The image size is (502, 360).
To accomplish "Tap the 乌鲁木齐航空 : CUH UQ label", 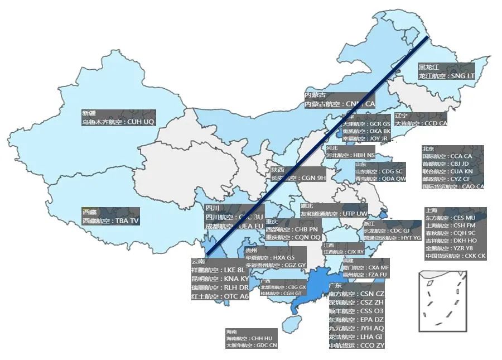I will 118,121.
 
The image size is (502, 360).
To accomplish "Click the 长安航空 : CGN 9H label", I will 298,178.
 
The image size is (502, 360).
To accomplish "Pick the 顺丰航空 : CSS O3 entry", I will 356,311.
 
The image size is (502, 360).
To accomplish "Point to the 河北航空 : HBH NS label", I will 350,155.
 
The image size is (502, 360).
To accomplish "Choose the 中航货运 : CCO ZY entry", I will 356,345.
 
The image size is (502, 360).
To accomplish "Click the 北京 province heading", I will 428,149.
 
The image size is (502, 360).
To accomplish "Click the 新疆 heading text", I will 89,113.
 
